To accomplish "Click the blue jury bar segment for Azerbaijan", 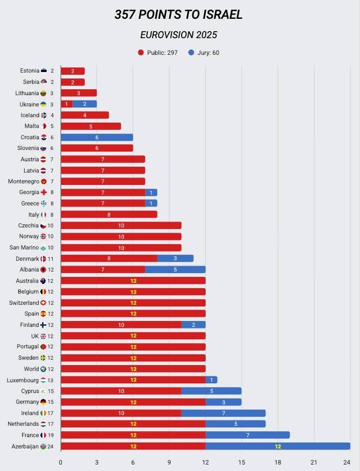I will pos(278,446).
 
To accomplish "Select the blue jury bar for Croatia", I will pos(97,137).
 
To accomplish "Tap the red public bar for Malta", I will pos(91,126).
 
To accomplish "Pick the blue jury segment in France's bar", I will pos(248,435).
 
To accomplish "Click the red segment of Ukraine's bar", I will pos(67,104).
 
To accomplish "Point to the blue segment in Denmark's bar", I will pos(175,258).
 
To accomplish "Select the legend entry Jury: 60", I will pos(204,53).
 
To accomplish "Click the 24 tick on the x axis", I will pos(347,462).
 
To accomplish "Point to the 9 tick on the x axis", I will pos(169,462).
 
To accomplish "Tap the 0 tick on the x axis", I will pos(60,462).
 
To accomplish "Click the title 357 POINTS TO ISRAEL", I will pos(178,15).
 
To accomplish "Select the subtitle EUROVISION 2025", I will pos(178,35).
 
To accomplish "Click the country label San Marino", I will pos(24,247).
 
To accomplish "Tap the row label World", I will pos(31,368).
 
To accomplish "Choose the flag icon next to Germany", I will pos(43,402).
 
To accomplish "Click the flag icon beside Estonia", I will pos(44,70).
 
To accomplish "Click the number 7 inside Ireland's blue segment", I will pos(224,413).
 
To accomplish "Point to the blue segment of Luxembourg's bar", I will pos(211,380).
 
